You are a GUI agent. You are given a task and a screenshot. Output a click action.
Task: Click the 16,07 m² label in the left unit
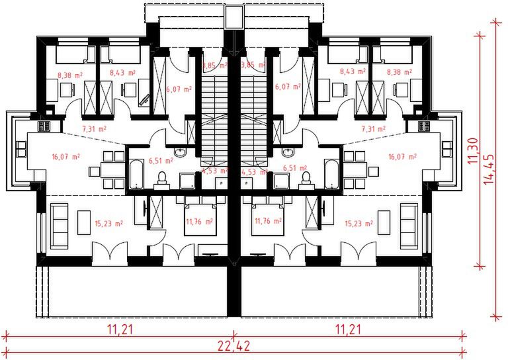click(x=65, y=157)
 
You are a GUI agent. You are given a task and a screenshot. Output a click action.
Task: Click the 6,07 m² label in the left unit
click(x=179, y=87)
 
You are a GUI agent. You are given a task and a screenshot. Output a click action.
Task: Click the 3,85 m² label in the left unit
click(x=215, y=66)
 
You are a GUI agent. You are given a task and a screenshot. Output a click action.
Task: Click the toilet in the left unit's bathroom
click(x=162, y=177)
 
